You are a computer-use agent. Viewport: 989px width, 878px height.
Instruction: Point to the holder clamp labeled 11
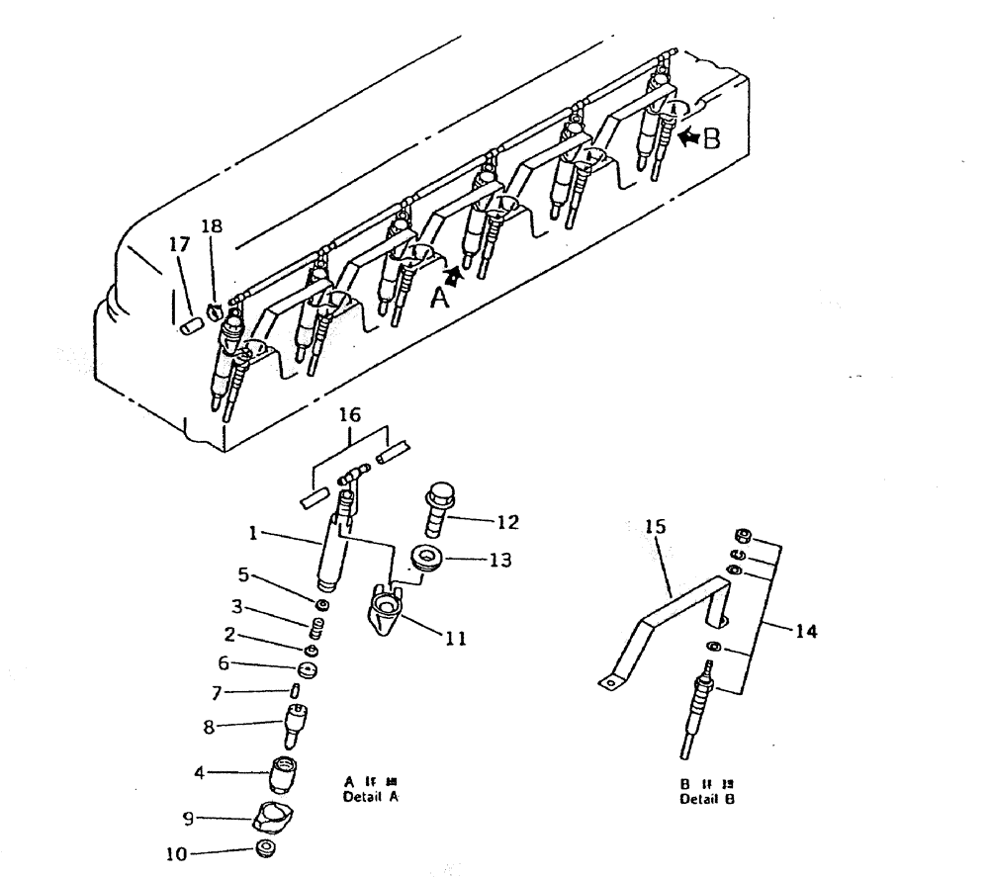point(383,608)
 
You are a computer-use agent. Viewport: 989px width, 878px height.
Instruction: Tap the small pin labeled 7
point(296,689)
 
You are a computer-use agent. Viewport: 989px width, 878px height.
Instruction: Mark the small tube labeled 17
point(190,324)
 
